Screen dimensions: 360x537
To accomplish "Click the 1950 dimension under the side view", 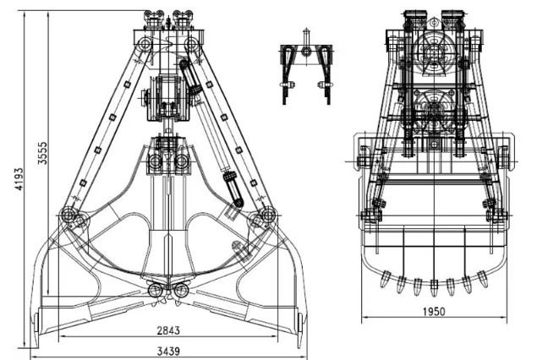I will (432, 310).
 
